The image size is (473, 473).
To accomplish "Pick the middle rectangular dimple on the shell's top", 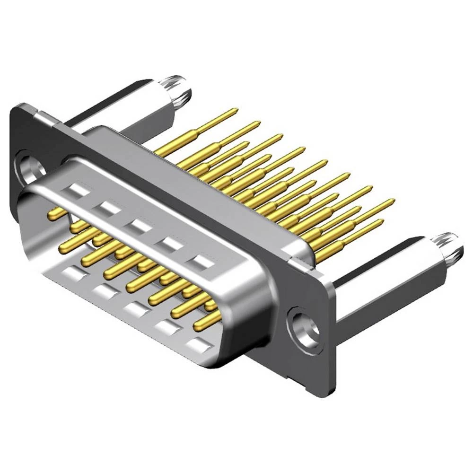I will [138, 225].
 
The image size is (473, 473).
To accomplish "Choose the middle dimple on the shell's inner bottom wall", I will [133, 308].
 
